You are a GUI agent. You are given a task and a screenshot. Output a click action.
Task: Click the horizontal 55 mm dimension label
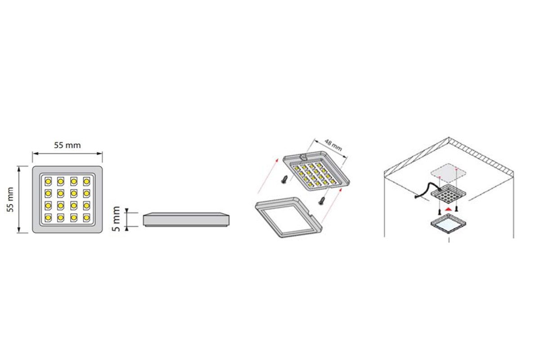tap(67, 145)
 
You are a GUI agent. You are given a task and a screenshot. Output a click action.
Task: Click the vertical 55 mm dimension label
tap(10, 199)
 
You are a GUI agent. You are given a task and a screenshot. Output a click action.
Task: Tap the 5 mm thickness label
tap(116, 219)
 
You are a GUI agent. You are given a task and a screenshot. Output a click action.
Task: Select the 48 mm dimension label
tap(333, 145)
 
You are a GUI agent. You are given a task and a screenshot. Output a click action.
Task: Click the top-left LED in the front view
tap(48, 181)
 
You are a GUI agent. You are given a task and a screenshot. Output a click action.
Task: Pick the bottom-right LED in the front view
tap(86, 218)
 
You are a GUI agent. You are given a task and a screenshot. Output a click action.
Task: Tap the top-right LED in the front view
tap(86, 181)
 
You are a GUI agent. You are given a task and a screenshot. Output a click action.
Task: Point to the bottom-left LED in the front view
tap(48, 218)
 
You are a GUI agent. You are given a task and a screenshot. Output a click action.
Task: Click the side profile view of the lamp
tap(186, 220)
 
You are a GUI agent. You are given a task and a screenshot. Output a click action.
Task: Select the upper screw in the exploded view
tap(284, 179)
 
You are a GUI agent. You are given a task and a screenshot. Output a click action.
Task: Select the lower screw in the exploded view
tap(322, 201)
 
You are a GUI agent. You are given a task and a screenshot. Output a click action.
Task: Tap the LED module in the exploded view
tap(316, 171)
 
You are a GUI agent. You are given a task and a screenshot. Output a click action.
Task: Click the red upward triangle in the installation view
tap(448, 209)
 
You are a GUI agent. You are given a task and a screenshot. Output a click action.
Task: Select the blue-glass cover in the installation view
tap(448, 224)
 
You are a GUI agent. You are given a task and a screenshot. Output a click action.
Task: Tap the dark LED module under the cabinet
tap(448, 194)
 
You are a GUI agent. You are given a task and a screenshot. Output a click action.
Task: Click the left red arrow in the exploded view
tap(268, 176)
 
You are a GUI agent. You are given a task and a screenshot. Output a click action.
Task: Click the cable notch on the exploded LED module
tap(303, 157)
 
